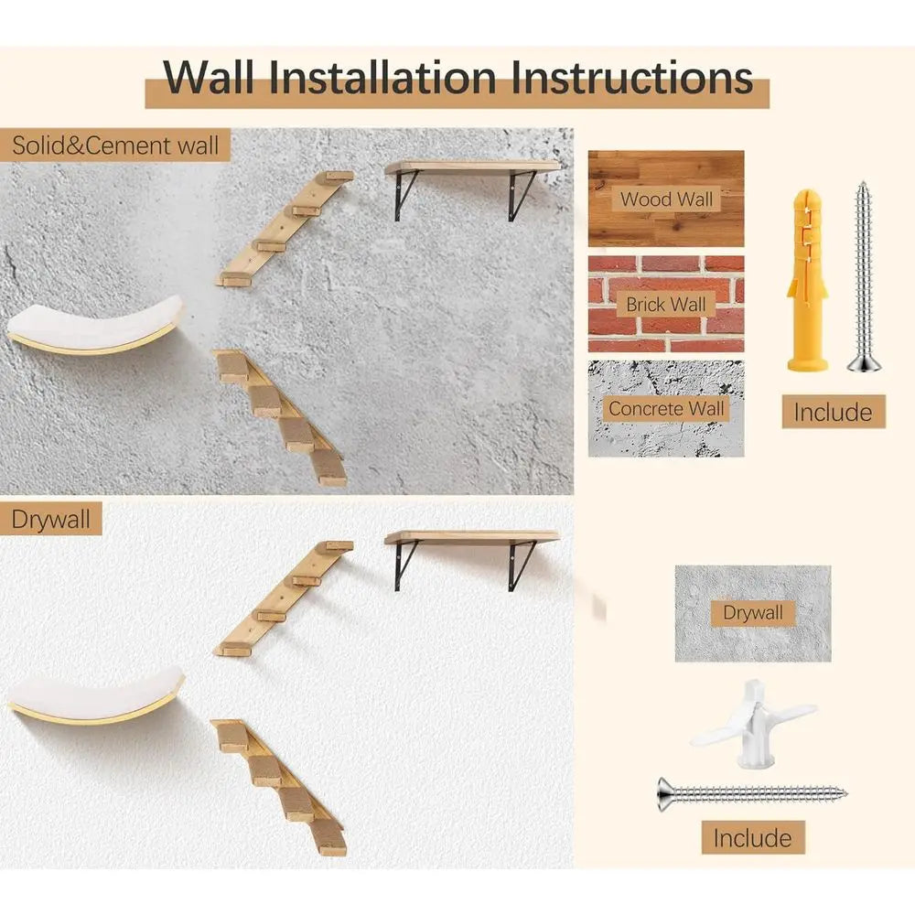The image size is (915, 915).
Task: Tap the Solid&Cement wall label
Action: tap(115, 145)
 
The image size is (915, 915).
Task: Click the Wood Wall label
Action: tap(666, 199)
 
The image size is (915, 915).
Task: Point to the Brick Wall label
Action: tap(666, 304)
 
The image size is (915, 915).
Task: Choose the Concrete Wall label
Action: tap(666, 409)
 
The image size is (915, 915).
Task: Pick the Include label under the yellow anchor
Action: tap(833, 412)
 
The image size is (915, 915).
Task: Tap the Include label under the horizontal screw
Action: tap(752, 837)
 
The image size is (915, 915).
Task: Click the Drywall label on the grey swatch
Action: tap(753, 612)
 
